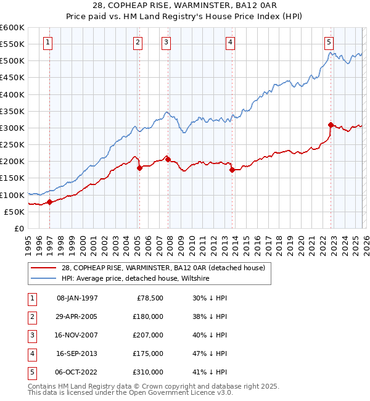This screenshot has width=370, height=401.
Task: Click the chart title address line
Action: coord(184,6)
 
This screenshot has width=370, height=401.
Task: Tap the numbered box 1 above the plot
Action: coord(48,42)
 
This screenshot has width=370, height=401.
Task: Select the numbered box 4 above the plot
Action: coord(229,42)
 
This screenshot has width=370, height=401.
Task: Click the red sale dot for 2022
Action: coord(331,125)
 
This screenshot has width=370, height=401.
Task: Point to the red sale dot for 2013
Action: coord(232,170)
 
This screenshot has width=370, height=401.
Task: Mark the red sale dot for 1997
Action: coord(49,202)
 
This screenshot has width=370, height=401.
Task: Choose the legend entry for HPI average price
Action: coord(135,278)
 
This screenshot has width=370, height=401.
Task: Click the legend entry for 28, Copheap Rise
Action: coord(163,268)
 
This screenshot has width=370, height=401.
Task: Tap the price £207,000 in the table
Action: coord(148,335)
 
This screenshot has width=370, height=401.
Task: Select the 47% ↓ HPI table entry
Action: coord(210,353)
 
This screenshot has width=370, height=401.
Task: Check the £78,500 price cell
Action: coord(150,298)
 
